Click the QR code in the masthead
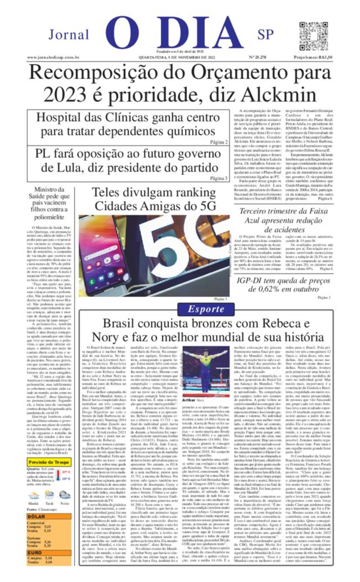[x=314, y=36]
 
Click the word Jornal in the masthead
[x=69, y=35]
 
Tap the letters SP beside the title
[x=265, y=35]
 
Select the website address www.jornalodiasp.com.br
[x=53, y=57]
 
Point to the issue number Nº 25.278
[x=257, y=57]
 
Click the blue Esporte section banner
[x=206, y=309]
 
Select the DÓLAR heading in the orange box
[x=36, y=517]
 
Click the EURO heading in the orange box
[x=35, y=553]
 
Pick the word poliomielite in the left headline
[x=49, y=217]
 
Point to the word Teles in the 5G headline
[x=106, y=193]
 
